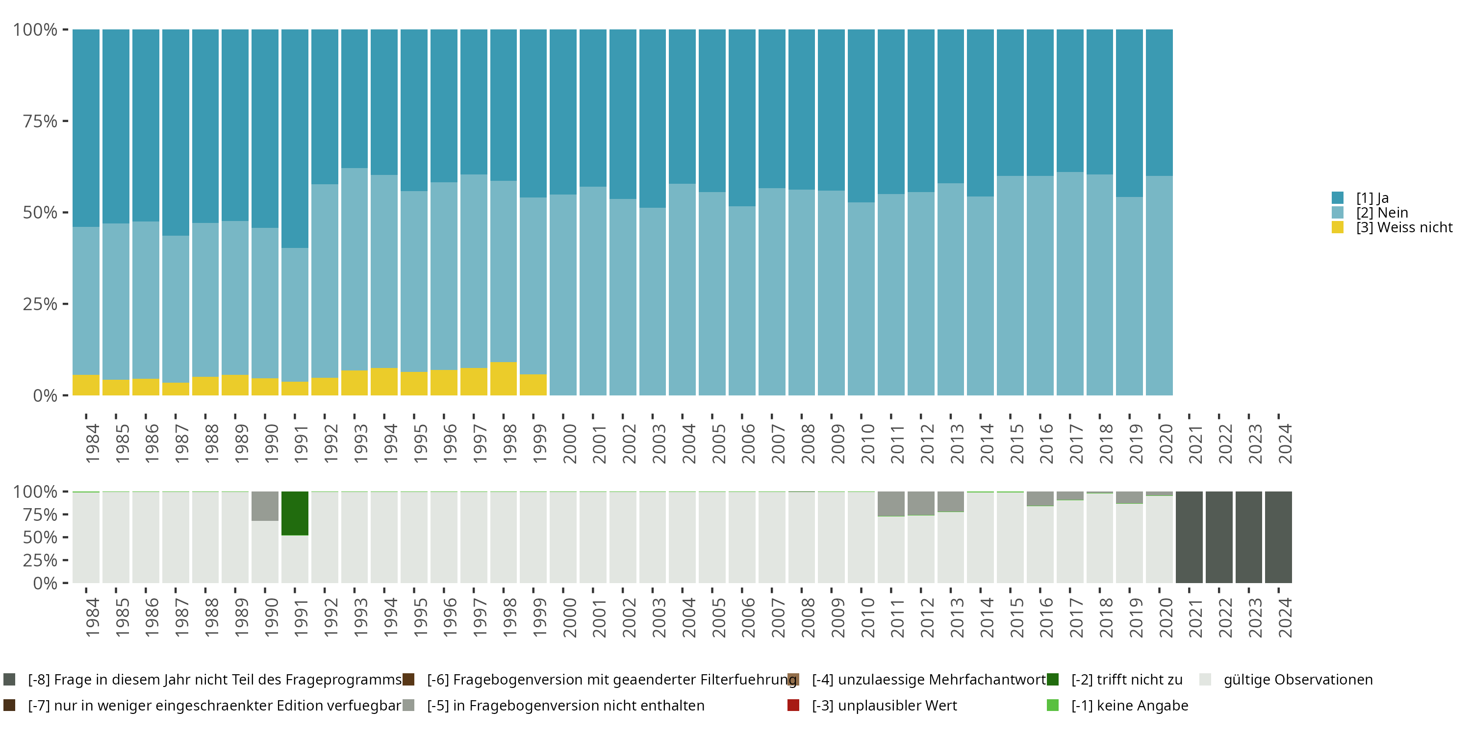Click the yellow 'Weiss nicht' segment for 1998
pos(503,378)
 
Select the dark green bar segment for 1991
pos(295,513)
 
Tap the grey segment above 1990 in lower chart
pos(265,506)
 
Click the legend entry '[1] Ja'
pos(1371,198)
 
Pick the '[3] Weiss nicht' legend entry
pos(1404,228)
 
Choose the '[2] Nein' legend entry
pos(1381,213)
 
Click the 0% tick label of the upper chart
pos(45,395)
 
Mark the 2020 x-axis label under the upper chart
pos(1166,443)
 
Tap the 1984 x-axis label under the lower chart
pos(92,617)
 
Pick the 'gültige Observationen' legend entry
pos(1297,680)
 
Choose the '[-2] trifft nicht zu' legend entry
pos(1126,680)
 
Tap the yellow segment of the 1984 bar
pos(86,385)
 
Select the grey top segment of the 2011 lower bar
pos(891,503)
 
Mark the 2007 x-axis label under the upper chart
pos(778,443)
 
